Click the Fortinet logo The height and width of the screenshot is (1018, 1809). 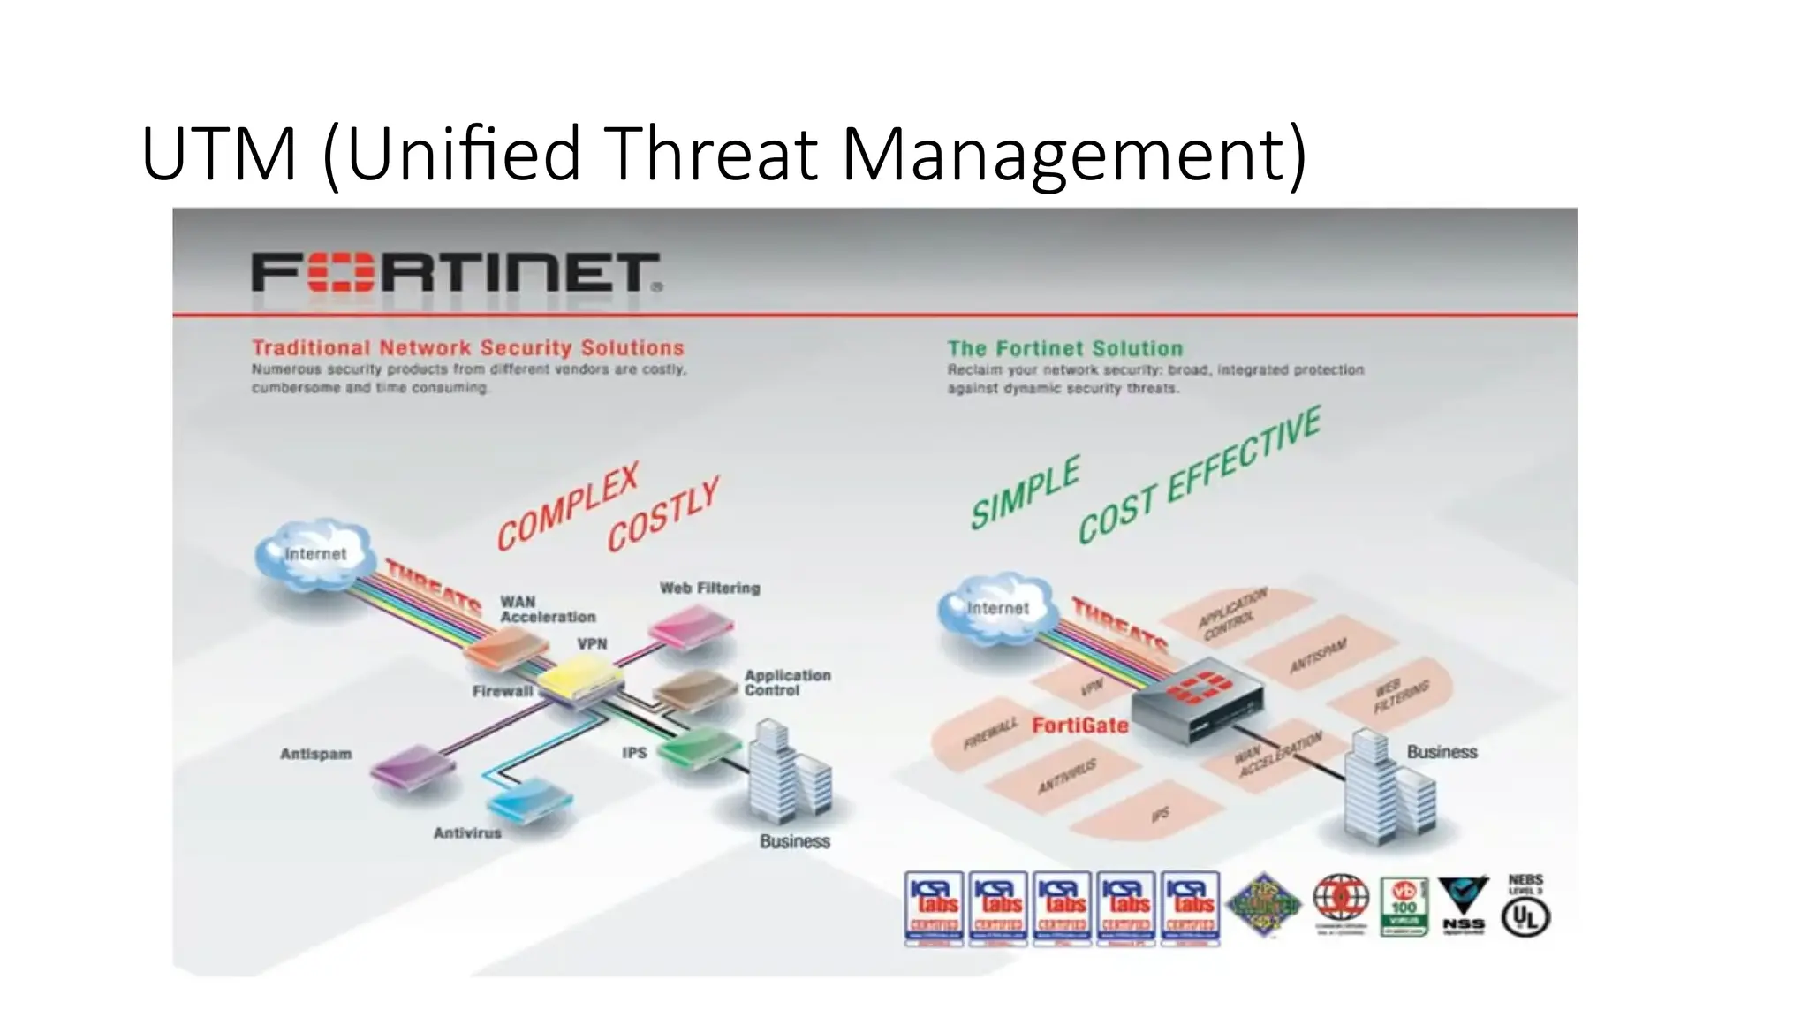click(456, 272)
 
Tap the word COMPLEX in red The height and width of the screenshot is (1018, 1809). click(567, 506)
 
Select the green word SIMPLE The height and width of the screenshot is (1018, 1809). click(1026, 493)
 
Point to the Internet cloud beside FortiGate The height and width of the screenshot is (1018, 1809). click(996, 606)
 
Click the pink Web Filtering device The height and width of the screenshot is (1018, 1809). click(691, 627)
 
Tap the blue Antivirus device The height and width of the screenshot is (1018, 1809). click(530, 801)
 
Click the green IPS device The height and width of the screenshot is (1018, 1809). click(701, 748)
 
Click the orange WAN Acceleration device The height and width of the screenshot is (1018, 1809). click(508, 651)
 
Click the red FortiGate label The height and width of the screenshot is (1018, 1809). click(1079, 726)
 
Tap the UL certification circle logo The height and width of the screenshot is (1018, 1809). click(1525, 917)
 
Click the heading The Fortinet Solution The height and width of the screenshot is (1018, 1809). click(1064, 348)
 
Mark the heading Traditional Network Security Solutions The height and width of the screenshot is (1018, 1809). click(467, 348)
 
